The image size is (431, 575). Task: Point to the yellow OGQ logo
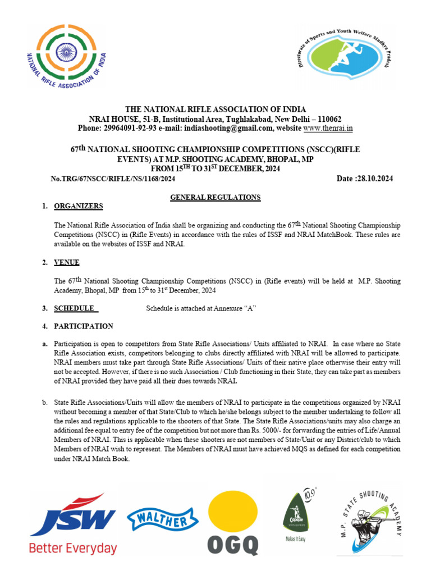233,523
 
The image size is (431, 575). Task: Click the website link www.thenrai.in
328,128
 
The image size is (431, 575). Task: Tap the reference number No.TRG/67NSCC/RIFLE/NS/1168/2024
113,179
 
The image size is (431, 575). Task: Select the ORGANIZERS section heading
78,206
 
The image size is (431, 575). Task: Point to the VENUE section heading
66,262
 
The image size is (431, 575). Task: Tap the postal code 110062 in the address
325,119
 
